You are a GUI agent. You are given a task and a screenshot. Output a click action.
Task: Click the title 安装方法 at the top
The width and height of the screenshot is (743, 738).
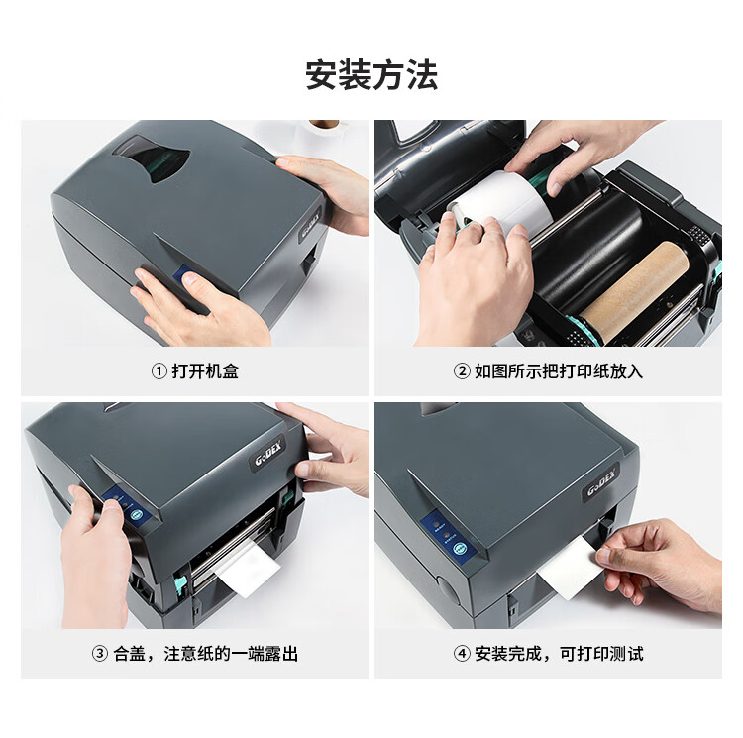tap(371, 75)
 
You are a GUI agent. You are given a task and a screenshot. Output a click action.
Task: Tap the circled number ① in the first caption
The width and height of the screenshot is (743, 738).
tap(159, 370)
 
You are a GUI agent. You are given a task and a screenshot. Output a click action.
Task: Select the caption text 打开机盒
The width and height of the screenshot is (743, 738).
tap(205, 370)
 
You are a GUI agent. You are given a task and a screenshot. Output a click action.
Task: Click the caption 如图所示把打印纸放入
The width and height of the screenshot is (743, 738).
tap(559, 370)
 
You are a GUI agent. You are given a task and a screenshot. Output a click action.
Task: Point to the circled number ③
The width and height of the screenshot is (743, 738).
tap(99, 654)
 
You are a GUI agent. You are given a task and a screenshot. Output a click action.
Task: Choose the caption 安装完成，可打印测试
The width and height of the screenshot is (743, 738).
tap(559, 654)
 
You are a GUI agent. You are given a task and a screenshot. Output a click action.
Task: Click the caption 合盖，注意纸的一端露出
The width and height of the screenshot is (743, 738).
tap(205, 654)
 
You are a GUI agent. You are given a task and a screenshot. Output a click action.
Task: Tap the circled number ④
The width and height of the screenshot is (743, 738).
tap(462, 654)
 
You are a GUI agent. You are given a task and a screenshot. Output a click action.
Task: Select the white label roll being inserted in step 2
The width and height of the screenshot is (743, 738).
tap(502, 205)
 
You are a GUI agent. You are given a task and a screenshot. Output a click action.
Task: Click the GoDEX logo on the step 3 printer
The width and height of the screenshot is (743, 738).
tap(268, 453)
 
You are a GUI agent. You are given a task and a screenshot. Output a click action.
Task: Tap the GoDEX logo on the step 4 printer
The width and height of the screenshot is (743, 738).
tap(600, 482)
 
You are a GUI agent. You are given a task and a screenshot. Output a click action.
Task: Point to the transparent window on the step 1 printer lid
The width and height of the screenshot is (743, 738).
tap(152, 159)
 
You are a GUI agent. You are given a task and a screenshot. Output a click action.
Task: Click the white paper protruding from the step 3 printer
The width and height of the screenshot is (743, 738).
tap(248, 568)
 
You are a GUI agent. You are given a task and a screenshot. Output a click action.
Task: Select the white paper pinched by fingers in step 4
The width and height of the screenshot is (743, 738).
tap(568, 569)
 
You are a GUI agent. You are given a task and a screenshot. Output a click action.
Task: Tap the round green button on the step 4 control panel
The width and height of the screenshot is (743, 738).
tap(459, 550)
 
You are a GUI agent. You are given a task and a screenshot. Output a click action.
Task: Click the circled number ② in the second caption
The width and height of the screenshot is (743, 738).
tap(462, 370)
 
